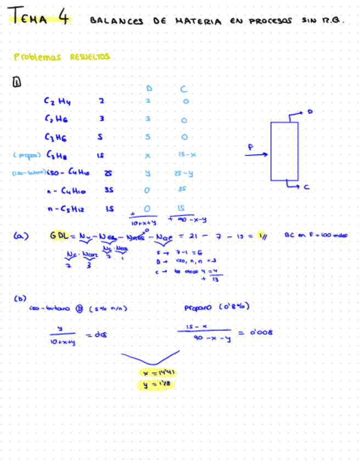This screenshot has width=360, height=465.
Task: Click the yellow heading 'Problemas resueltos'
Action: tap(61, 56)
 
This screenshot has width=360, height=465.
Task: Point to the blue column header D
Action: tap(149, 88)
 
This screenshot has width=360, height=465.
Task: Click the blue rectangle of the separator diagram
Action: tap(284, 151)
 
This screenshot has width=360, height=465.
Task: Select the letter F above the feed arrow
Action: tap(250, 147)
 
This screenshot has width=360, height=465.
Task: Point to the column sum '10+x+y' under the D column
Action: tap(144, 223)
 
